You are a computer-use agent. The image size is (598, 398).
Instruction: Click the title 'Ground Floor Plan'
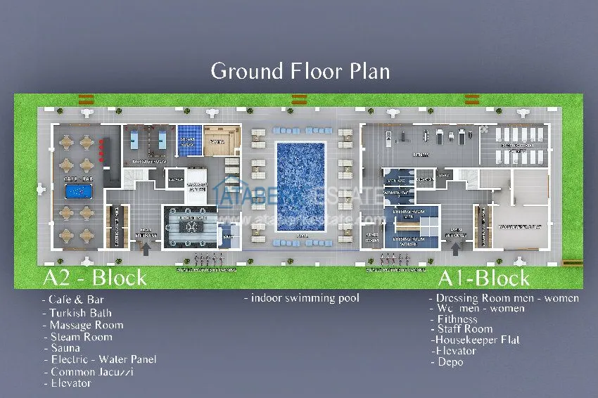300,71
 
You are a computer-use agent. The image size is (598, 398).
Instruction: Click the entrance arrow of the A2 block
146,248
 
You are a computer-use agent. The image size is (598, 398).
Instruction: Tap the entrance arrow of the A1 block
455,248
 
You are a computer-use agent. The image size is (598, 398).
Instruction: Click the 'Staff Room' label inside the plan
372,236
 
